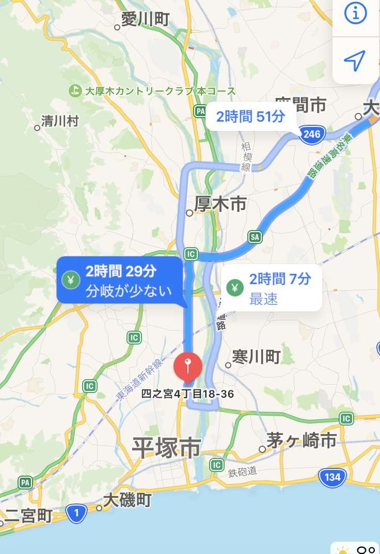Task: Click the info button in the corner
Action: pos(355,14)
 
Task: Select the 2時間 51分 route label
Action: pos(250,117)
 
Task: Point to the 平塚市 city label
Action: pos(166,447)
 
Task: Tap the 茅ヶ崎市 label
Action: pos(302,440)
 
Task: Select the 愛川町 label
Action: pos(145,20)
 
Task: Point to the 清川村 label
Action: pos(60,121)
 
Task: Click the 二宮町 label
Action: pos(29,515)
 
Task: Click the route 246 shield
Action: pos(312,135)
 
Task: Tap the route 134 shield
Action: pos(332,477)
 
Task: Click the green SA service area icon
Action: pos(255,237)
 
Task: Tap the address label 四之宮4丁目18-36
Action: pos(188,395)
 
